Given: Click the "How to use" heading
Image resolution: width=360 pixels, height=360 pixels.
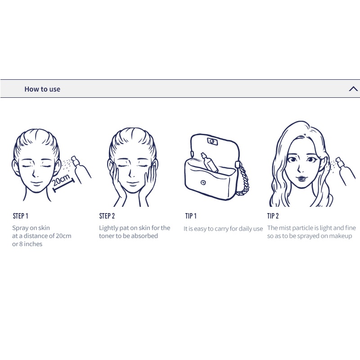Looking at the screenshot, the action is (x=42, y=89).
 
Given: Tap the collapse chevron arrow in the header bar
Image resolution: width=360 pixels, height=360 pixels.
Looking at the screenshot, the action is (x=353, y=89).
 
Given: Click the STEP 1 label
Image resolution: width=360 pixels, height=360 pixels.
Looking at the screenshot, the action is (x=20, y=216).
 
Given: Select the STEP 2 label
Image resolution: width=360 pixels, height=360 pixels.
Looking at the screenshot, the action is (x=107, y=216).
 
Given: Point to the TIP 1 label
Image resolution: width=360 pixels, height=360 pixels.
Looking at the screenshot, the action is (x=191, y=216).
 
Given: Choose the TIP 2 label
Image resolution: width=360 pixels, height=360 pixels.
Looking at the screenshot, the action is (x=273, y=216).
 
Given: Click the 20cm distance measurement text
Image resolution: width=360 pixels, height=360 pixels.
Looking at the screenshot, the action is (x=61, y=180).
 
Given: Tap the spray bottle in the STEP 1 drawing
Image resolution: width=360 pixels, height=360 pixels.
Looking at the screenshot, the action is (x=81, y=169).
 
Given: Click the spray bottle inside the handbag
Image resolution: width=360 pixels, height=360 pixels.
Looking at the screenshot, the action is (x=209, y=162).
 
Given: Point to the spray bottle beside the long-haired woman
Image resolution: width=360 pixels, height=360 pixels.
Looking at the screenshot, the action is (x=345, y=170).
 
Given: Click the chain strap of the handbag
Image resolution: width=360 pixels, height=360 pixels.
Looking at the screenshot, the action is (x=243, y=179).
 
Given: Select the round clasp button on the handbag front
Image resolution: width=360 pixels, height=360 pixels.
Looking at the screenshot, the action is (x=203, y=182).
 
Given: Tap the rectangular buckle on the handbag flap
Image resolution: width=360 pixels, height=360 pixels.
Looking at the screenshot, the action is (x=212, y=141).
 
